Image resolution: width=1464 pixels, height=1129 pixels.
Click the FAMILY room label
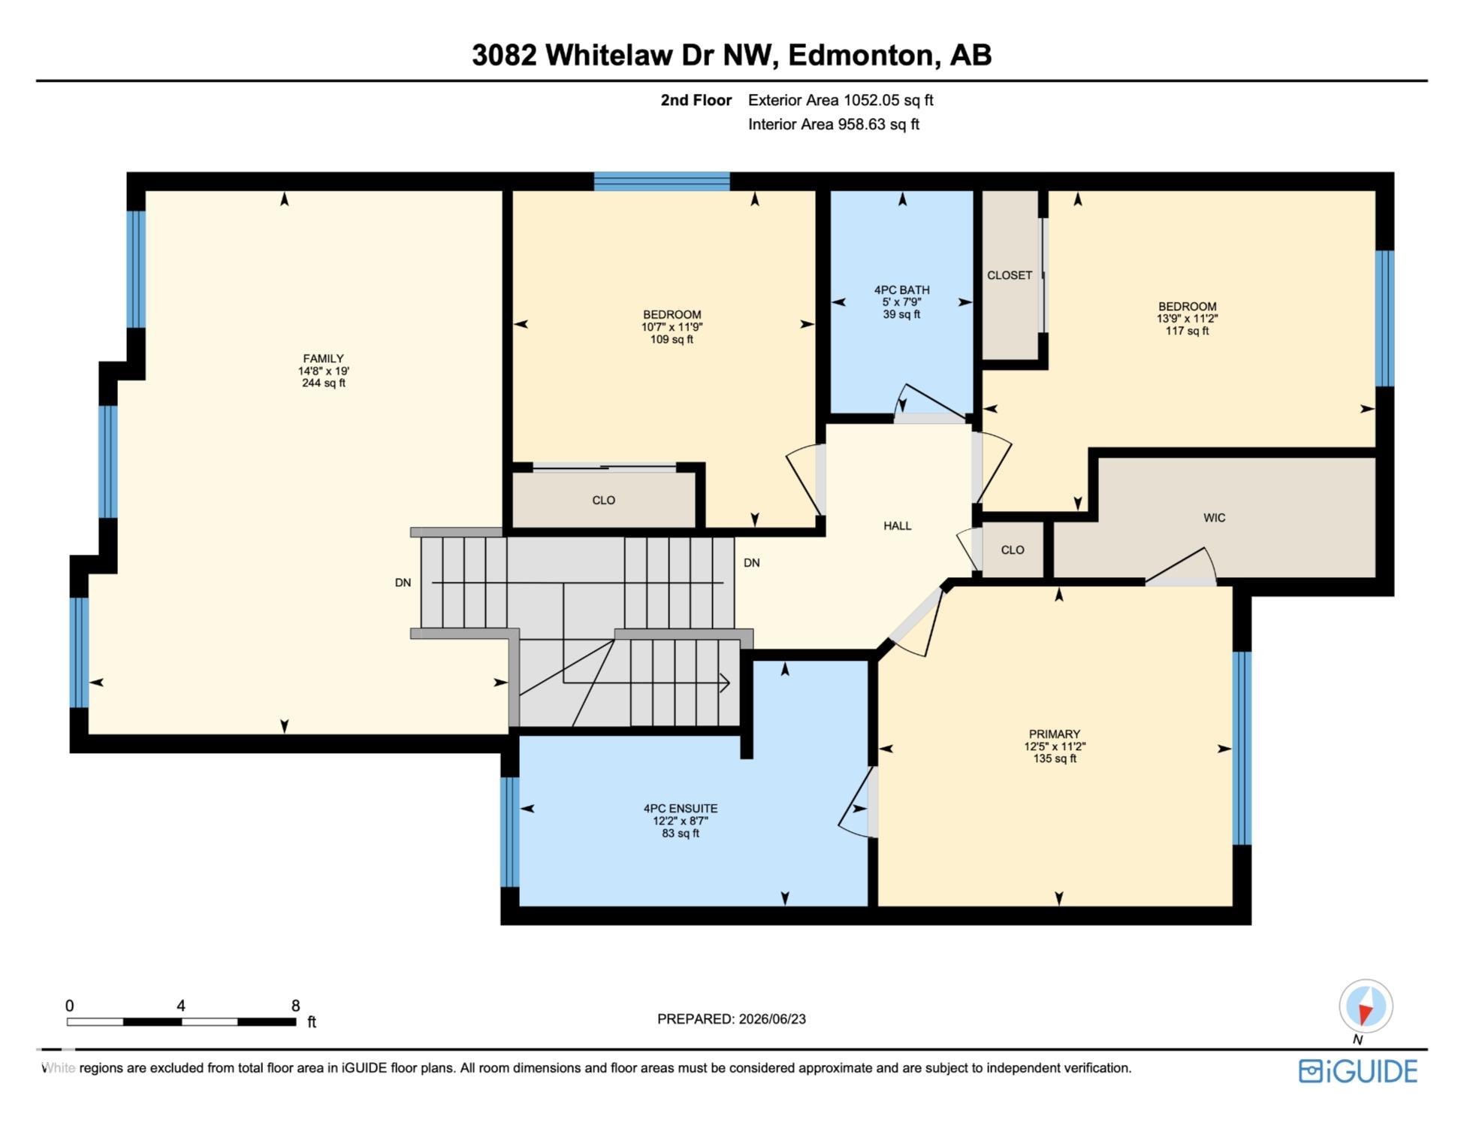pyautogui.click(x=323, y=359)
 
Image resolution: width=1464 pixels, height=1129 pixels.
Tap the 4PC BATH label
pyautogui.click(x=901, y=290)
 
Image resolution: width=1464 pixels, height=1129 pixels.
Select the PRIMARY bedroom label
pyautogui.click(x=1055, y=734)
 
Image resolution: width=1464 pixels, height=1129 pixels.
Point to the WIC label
pyautogui.click(x=1214, y=518)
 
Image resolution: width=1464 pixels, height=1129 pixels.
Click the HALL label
pyautogui.click(x=897, y=526)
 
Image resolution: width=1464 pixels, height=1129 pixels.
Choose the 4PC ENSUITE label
pyautogui.click(x=681, y=809)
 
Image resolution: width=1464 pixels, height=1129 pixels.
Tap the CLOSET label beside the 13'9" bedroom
pyautogui.click(x=1010, y=276)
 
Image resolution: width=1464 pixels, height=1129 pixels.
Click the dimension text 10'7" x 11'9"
pyautogui.click(x=672, y=327)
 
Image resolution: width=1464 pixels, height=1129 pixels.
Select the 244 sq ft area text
pyautogui.click(x=323, y=383)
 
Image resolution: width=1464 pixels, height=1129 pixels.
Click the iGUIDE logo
pyautogui.click(x=1358, y=1071)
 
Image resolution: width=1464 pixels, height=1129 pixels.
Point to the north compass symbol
pyautogui.click(x=1366, y=1006)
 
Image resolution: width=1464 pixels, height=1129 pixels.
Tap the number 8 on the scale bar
pyautogui.click(x=296, y=1006)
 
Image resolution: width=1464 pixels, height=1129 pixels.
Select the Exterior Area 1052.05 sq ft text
pyautogui.click(x=841, y=100)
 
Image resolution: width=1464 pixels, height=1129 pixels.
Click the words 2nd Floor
pyautogui.click(x=696, y=100)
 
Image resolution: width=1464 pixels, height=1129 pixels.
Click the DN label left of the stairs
pyautogui.click(x=403, y=583)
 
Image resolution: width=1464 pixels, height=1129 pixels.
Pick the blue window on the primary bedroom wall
pyautogui.click(x=1242, y=749)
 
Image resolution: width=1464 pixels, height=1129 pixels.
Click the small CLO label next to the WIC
pyautogui.click(x=1013, y=550)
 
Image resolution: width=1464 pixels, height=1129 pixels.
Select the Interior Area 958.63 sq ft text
pyautogui.click(x=834, y=124)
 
